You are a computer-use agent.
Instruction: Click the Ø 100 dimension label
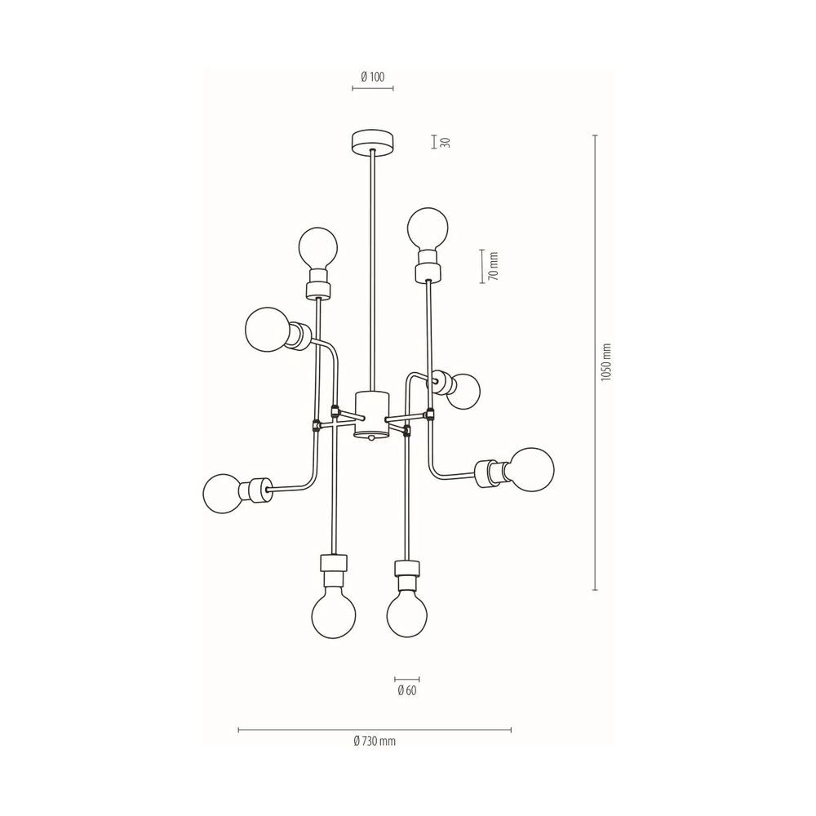373,77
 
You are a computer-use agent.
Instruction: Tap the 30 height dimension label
445,142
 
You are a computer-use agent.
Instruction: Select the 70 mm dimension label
494,267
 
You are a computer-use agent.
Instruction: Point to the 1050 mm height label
605,362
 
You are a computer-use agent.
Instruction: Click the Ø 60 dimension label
407,691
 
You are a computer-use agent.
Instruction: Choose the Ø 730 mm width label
375,741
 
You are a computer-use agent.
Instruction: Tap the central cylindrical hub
372,415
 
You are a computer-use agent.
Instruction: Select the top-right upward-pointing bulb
428,229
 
